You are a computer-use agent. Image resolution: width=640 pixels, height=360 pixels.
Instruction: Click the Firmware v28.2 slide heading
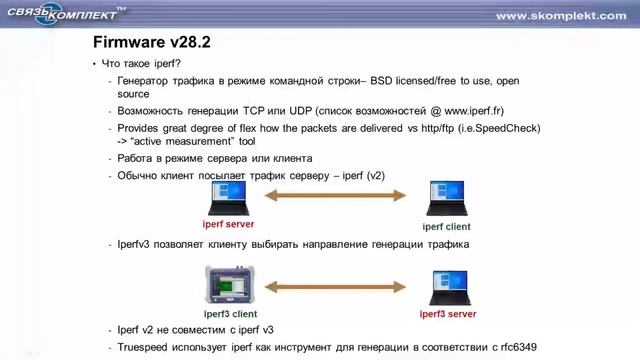[x=151, y=43]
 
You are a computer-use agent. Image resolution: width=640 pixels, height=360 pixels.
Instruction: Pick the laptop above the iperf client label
[x=446, y=199]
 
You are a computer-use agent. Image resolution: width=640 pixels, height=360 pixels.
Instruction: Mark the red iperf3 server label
[x=448, y=313]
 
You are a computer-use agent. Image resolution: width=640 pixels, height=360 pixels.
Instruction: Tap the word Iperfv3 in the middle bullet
[x=139, y=244]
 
